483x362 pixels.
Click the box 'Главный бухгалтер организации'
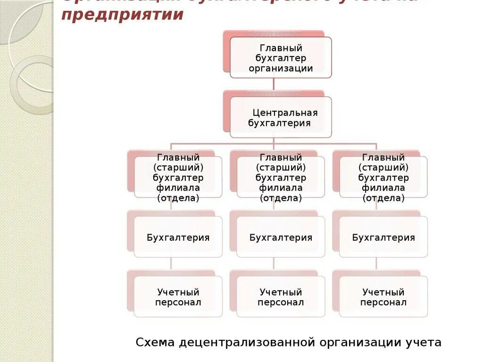[281, 58]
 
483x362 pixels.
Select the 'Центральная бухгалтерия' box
[281, 117]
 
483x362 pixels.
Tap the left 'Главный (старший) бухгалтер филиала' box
[178, 177]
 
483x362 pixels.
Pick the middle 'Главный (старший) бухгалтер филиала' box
[281, 177]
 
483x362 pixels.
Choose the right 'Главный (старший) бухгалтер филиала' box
[383, 177]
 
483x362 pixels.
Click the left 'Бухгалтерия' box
[178, 237]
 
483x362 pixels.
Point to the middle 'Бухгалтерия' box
[281, 237]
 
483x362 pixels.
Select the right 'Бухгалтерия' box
[383, 237]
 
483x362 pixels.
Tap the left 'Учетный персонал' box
[178, 297]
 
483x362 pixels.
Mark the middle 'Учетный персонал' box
[281, 297]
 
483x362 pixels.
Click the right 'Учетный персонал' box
[383, 297]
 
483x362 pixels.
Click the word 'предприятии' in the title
[122, 15]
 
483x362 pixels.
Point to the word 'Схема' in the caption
[155, 342]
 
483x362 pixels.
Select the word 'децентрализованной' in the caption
[247, 342]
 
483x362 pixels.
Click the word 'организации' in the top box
[281, 68]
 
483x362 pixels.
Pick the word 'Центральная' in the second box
[285, 113]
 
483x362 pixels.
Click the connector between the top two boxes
[274, 84]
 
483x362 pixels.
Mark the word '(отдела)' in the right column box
[383, 198]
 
